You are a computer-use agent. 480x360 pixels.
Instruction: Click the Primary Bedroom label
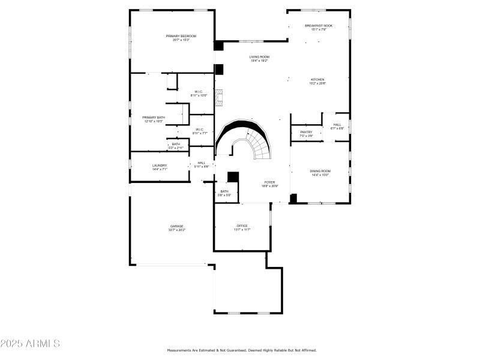click(x=181, y=38)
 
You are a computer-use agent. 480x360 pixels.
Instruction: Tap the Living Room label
click(x=259, y=58)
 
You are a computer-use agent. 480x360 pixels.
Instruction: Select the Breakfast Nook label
click(x=318, y=27)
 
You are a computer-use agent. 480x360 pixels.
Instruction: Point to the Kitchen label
click(x=317, y=81)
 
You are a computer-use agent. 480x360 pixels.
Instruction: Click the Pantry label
click(x=306, y=134)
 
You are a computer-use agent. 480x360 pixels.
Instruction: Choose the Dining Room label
click(x=320, y=173)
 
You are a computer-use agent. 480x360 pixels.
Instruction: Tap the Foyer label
click(x=269, y=184)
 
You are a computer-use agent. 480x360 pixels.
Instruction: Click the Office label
click(x=242, y=227)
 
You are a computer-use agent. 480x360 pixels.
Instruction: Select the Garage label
click(x=176, y=228)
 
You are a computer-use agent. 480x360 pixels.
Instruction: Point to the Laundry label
click(x=160, y=167)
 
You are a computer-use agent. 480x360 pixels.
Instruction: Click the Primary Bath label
click(x=153, y=119)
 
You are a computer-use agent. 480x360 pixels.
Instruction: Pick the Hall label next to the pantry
click(x=337, y=126)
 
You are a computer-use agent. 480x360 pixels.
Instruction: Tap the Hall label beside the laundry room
click(x=202, y=164)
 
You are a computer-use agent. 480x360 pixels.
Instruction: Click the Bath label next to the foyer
click(x=224, y=193)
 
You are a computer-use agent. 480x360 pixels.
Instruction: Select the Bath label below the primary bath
click(x=176, y=145)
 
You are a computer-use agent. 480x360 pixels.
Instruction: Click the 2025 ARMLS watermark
click(x=30, y=344)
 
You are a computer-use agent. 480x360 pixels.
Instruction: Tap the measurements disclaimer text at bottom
click(x=241, y=350)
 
